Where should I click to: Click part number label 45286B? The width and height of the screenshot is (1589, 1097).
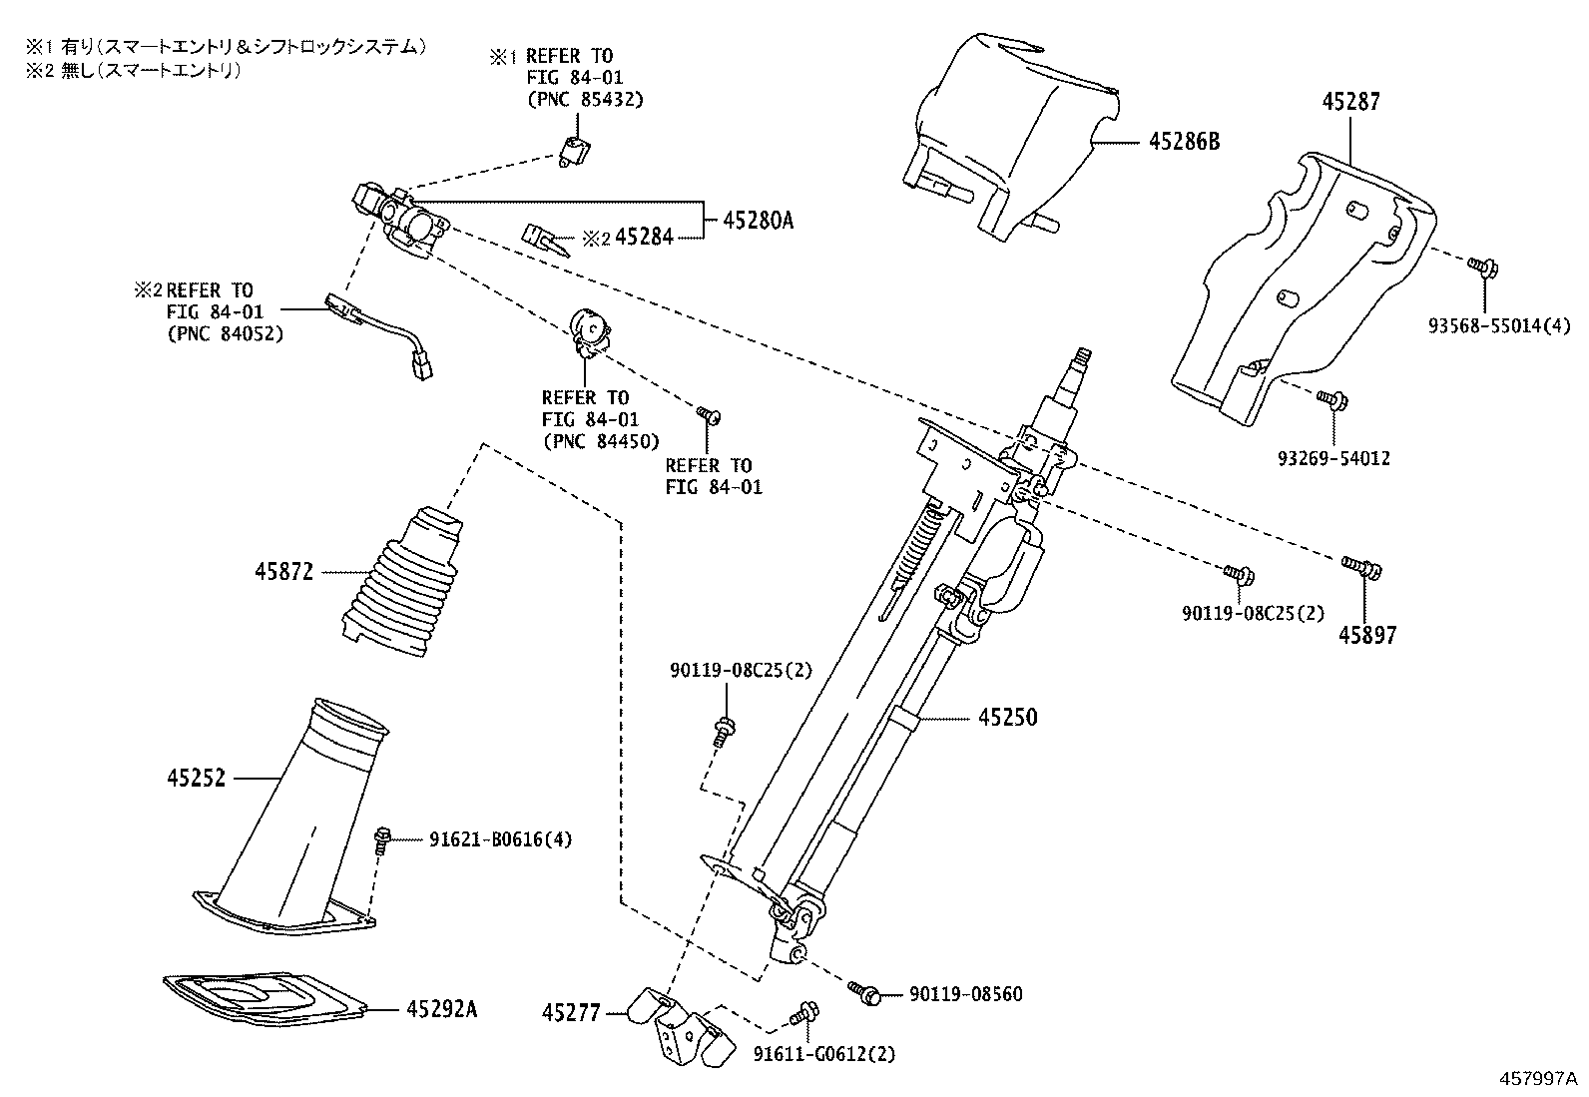1184,142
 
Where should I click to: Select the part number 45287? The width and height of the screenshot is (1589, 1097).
1351,102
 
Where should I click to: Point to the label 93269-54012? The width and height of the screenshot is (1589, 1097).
1333,458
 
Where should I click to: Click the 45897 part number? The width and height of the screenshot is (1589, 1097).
1368,634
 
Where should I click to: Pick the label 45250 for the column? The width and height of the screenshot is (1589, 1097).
1007,717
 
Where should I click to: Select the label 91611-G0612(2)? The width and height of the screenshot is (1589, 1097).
824,1054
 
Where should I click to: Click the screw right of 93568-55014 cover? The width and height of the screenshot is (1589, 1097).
1480,266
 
